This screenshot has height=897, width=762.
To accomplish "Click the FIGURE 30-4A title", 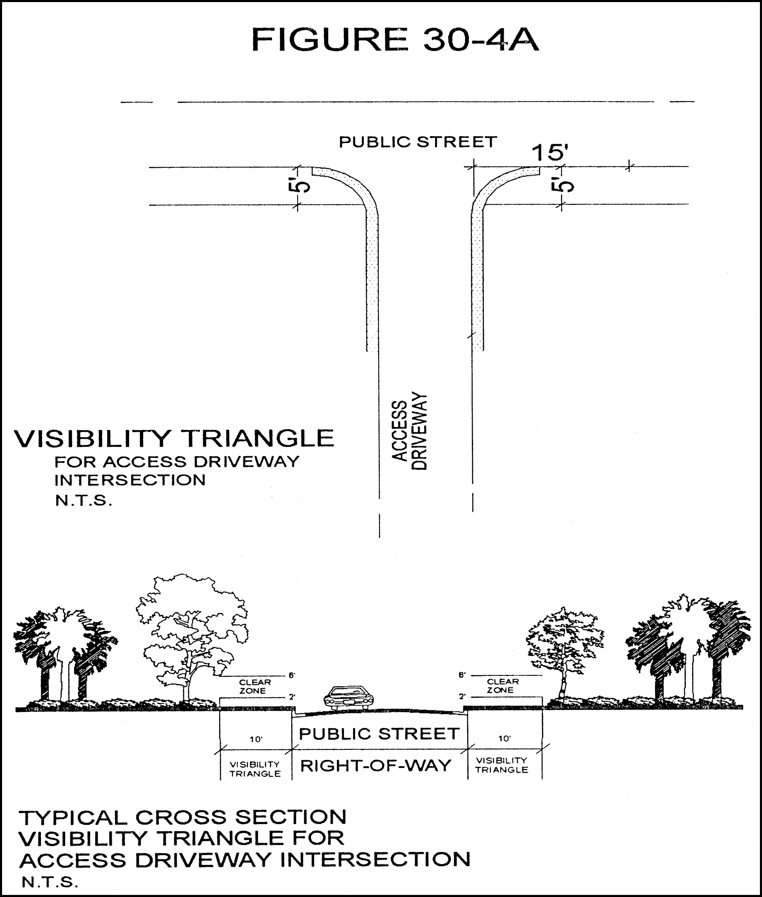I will pyautogui.click(x=395, y=40).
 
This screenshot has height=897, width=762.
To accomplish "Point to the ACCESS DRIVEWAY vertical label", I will pyautogui.click(x=409, y=430).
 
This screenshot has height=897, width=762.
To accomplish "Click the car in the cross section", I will pyautogui.click(x=349, y=697).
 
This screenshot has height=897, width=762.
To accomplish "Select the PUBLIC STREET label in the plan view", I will pyautogui.click(x=418, y=142).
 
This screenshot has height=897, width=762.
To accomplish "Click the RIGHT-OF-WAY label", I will pyautogui.click(x=375, y=766).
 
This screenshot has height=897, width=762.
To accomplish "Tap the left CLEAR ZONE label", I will pyautogui.click(x=255, y=687).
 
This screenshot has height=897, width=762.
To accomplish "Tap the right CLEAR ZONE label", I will pyautogui.click(x=502, y=686).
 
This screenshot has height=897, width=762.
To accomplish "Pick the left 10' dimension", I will pyautogui.click(x=256, y=739).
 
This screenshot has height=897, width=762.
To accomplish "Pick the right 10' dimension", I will pyautogui.click(x=504, y=738).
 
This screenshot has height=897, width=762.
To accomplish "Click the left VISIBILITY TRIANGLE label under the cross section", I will pyautogui.click(x=255, y=769).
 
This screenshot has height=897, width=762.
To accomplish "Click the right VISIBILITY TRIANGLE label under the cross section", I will pyautogui.click(x=502, y=765).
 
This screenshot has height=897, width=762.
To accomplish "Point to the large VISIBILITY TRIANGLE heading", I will pyautogui.click(x=174, y=438).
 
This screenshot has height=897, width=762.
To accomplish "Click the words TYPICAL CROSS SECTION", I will pyautogui.click(x=183, y=817).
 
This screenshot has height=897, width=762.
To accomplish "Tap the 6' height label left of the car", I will pyautogui.click(x=292, y=675).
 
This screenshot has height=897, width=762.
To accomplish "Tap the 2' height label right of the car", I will pyautogui.click(x=462, y=696).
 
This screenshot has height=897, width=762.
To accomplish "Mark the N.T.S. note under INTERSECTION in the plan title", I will pyautogui.click(x=83, y=500).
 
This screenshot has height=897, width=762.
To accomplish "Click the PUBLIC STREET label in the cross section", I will pyautogui.click(x=379, y=734).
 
